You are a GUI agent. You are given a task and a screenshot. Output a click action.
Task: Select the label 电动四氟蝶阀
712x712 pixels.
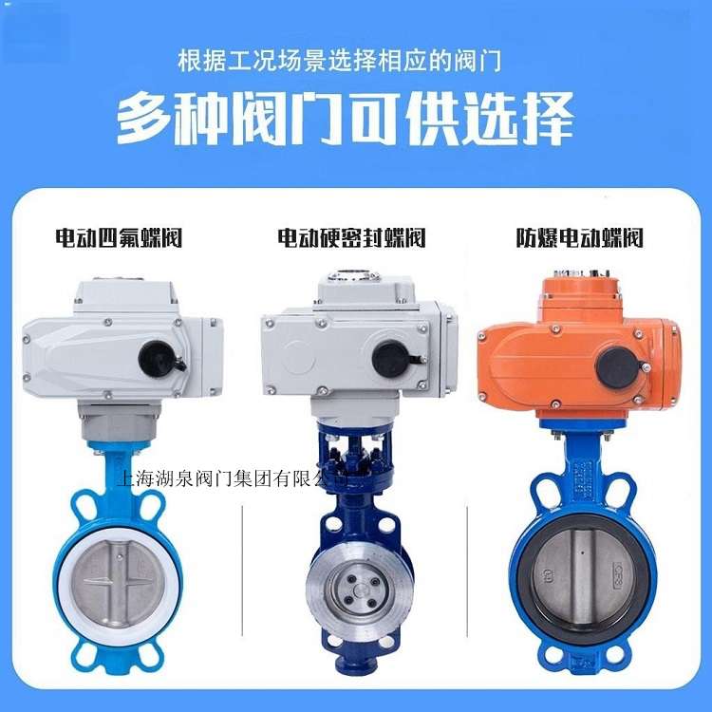pyautogui.click(x=119, y=236)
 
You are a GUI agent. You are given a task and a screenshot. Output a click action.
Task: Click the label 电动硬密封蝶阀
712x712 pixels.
pyautogui.click(x=352, y=236)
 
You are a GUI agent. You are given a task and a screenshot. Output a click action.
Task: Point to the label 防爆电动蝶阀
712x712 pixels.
pyautogui.click(x=579, y=236)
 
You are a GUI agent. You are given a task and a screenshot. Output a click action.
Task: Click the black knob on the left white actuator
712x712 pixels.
pyautogui.click(x=157, y=358)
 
